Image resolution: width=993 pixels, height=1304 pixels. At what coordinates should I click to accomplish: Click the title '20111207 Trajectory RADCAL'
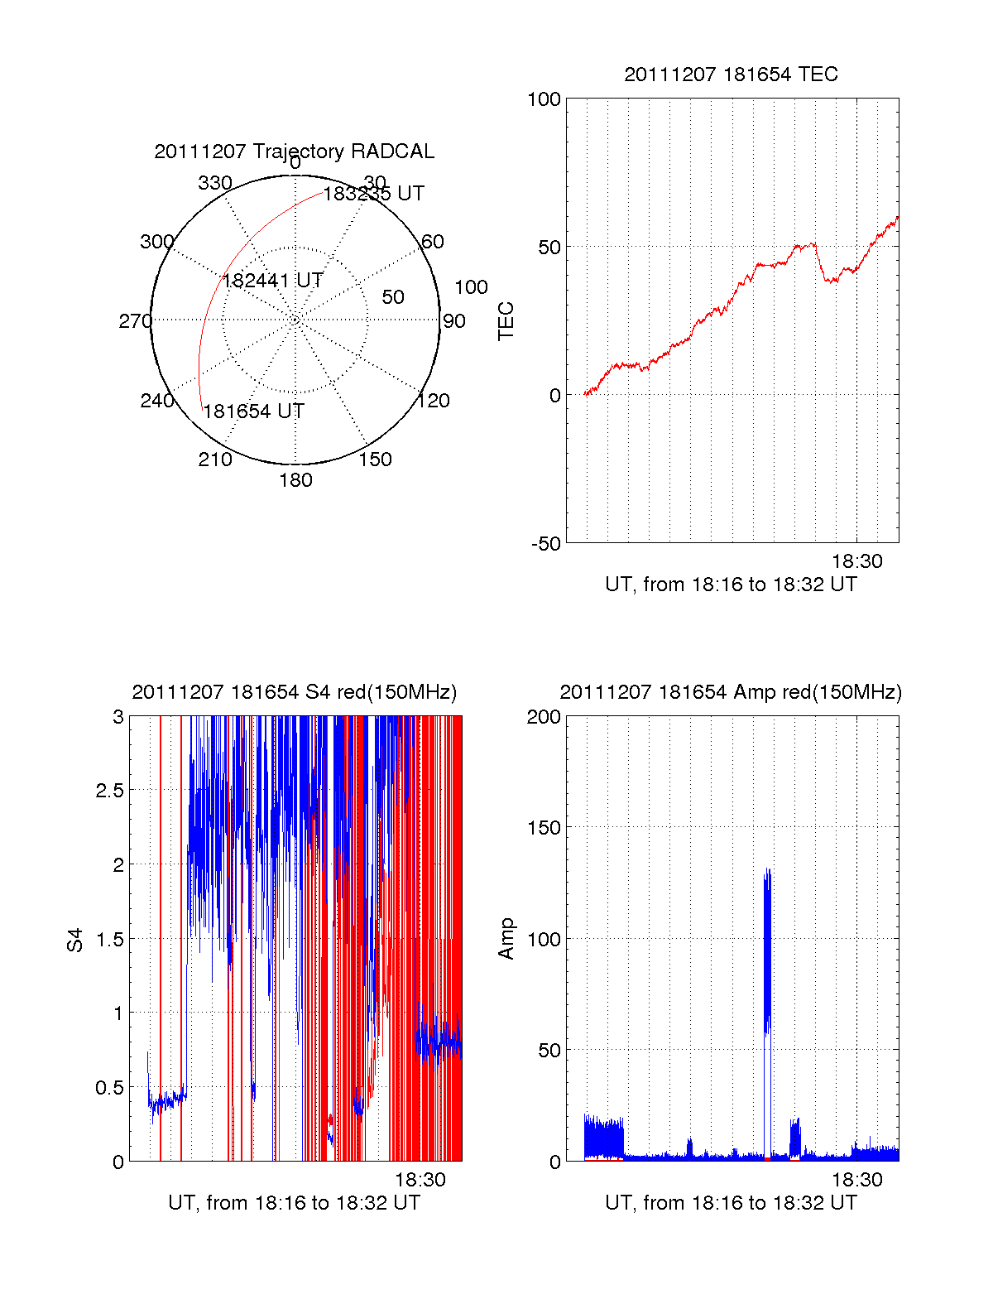(x=294, y=152)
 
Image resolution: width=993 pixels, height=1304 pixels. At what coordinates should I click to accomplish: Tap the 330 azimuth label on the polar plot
(x=214, y=183)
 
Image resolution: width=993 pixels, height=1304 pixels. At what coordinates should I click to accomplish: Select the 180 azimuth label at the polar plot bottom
(x=295, y=480)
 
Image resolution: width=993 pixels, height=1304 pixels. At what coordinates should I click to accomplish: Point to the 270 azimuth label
(x=135, y=321)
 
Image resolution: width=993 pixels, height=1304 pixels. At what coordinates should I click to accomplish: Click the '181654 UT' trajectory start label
(x=253, y=411)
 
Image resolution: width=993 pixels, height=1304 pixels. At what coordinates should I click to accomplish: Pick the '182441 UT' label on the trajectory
(x=272, y=281)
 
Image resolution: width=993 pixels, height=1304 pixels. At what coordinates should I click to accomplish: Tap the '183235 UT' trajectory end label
(x=373, y=194)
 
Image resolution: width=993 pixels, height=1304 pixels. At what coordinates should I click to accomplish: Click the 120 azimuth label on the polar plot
(x=434, y=401)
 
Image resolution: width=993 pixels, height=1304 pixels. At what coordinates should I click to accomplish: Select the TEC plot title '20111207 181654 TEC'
(x=731, y=75)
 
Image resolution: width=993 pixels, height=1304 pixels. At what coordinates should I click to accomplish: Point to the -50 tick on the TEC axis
(x=546, y=544)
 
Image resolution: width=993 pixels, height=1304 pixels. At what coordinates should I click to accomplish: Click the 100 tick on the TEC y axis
(x=544, y=99)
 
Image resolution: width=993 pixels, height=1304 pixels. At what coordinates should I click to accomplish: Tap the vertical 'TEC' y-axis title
(x=506, y=321)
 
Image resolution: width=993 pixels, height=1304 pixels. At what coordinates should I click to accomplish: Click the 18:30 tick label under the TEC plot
(x=856, y=561)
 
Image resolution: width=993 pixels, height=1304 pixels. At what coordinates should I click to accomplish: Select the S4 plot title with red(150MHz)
(x=294, y=692)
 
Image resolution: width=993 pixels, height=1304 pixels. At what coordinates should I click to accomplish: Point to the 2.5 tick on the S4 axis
(x=110, y=791)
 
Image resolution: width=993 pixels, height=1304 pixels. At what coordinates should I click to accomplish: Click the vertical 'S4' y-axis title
(x=75, y=940)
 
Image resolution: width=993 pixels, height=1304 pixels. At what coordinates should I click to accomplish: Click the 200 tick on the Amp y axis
(x=544, y=717)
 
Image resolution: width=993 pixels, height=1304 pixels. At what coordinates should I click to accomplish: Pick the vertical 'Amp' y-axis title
(x=506, y=939)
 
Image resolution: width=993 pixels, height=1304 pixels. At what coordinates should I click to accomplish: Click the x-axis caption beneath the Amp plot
(x=731, y=1203)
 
